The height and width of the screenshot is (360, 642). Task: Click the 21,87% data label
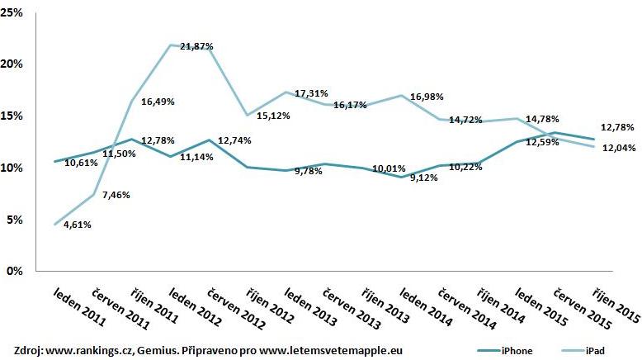coord(196,47)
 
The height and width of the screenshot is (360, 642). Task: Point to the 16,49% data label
coord(158,102)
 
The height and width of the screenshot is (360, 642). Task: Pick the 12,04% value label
coord(614,147)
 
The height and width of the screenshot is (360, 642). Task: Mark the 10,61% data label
coord(81,163)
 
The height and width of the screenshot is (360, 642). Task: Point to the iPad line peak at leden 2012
coord(171,45)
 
